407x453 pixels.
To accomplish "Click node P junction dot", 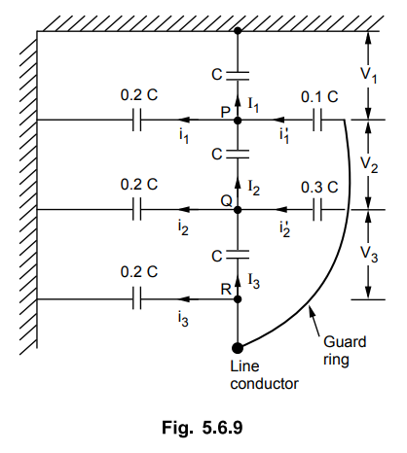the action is [238, 121].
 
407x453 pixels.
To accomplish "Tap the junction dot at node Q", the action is [238, 210].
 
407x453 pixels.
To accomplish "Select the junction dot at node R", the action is [238, 299].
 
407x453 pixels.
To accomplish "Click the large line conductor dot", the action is [238, 348].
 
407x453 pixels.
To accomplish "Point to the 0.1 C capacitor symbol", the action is [317, 121].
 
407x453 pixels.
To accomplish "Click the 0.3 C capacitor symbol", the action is [317, 210].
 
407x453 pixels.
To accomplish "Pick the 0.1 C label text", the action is [319, 97].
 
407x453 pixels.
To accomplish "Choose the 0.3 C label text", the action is [319, 187].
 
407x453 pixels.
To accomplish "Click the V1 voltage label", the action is [369, 76].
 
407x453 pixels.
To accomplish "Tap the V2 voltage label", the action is [369, 164].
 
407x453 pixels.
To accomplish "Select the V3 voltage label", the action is [369, 254].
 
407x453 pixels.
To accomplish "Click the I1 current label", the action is [253, 105].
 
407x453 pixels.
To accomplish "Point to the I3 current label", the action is [254, 281].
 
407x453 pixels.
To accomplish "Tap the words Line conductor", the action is [264, 375].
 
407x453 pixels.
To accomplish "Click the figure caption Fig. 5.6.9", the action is [203, 428].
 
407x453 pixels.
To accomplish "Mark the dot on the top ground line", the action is [238, 31].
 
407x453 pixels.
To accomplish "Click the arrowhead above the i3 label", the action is [185, 299].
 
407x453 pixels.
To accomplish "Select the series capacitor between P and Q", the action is [238, 155].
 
